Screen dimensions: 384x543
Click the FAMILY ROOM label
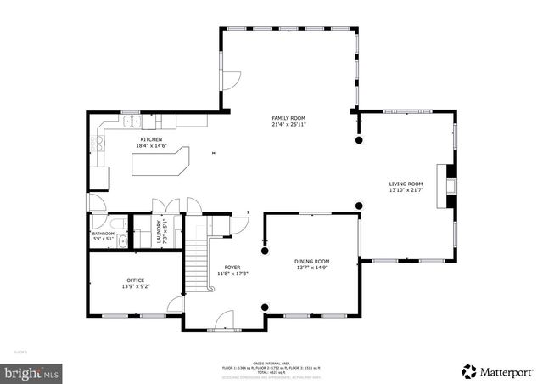(288, 118)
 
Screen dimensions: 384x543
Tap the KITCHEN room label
(151, 139)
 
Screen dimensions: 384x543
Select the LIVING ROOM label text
(406, 184)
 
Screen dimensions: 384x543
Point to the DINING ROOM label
(311, 261)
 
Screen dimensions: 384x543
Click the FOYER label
(232, 267)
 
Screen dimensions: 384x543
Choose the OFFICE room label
(134, 280)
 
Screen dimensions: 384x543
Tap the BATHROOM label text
(104, 233)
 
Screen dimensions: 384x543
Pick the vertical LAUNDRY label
(159, 233)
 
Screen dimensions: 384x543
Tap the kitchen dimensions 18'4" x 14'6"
(151, 146)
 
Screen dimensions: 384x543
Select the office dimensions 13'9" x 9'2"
(134, 287)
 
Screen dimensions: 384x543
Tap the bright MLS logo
(31, 371)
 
